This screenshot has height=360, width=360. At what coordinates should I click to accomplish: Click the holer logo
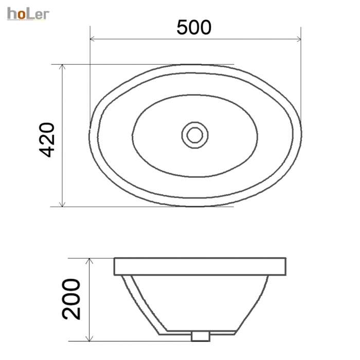28,14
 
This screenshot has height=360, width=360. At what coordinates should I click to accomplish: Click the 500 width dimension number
194,28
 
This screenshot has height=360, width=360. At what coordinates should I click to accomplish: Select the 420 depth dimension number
47,140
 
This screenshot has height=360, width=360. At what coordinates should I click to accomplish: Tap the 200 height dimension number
71,299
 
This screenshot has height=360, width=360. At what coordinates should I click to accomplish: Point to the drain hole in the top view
195,135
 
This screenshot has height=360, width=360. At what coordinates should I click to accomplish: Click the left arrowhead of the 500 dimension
93,39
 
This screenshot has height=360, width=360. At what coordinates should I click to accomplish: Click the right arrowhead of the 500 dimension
298,39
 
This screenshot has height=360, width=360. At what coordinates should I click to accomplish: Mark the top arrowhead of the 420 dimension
62,67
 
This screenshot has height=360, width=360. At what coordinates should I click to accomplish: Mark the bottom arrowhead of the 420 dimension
62,204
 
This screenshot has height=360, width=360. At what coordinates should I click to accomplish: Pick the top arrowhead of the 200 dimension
89,261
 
